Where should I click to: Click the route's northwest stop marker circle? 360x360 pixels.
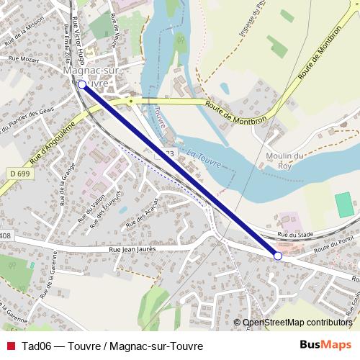pyautogui.click(x=81, y=84)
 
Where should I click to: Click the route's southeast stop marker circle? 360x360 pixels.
pyautogui.click(x=278, y=255)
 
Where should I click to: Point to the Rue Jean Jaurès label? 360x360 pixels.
pyautogui.click(x=132, y=248)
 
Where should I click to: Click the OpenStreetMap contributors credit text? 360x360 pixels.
pyautogui.click(x=297, y=323)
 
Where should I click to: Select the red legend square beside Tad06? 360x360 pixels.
pyautogui.click(x=9, y=346)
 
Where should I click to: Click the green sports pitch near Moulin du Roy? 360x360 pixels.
pyautogui.click(x=346, y=204)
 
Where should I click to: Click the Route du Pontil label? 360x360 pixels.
pyautogui.click(x=338, y=246)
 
